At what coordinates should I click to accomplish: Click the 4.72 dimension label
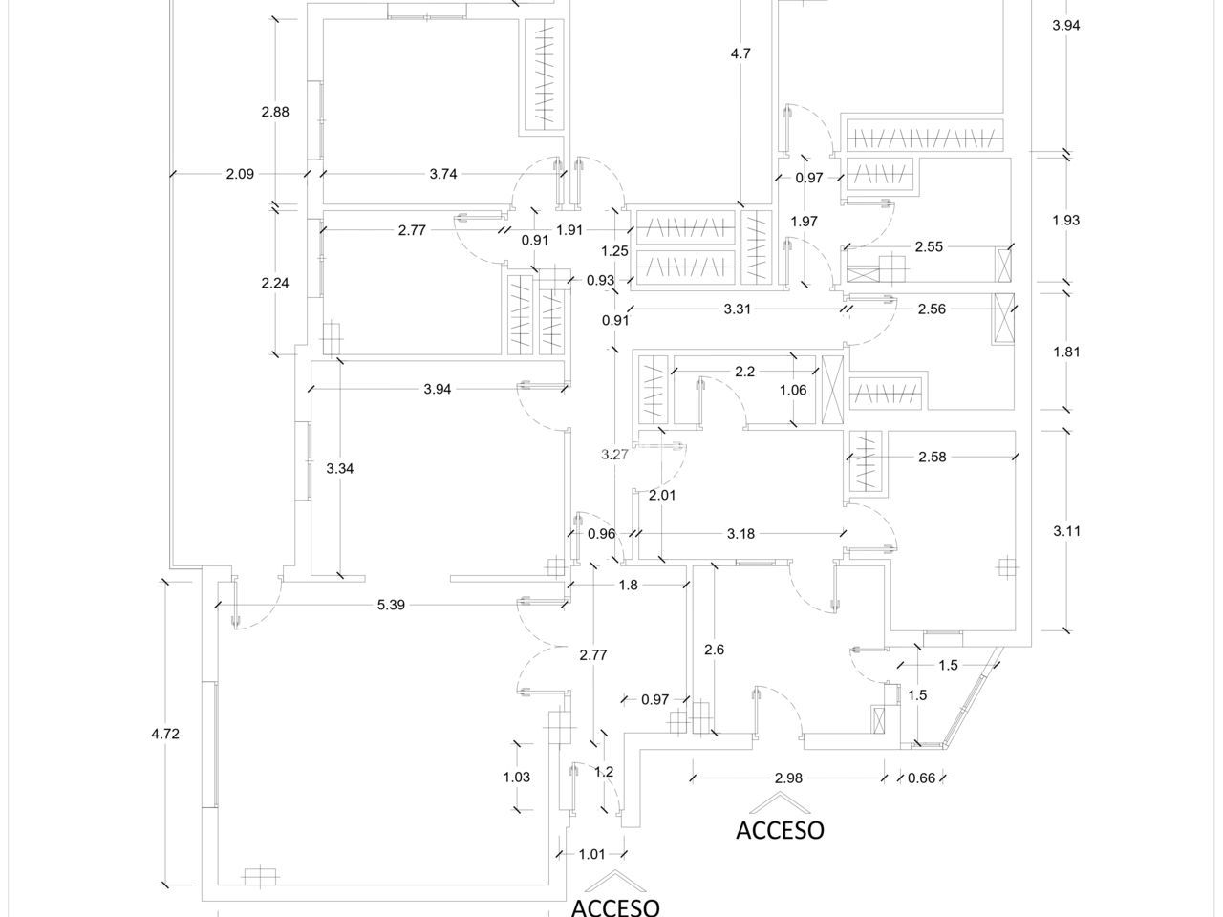click(165, 735)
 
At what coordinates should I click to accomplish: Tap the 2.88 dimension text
click(275, 112)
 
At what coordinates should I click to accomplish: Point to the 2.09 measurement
click(240, 174)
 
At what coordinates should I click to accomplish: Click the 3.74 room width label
click(443, 174)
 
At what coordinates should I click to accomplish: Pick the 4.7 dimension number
click(740, 53)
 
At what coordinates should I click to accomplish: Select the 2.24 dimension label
click(275, 283)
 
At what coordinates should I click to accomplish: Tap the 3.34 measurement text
click(340, 469)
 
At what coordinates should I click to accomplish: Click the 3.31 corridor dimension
click(738, 309)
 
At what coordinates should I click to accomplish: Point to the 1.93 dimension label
click(1065, 221)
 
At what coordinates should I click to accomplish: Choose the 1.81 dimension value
click(1065, 352)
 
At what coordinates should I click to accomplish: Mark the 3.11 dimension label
click(1065, 532)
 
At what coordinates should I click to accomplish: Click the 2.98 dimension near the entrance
click(788, 778)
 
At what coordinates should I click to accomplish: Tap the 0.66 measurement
click(921, 778)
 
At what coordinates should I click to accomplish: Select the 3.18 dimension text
click(741, 533)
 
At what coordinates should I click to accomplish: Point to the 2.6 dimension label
click(714, 650)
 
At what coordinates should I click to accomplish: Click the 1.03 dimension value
click(516, 778)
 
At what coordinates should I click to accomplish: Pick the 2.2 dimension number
click(745, 372)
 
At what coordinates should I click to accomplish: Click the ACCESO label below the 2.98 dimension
click(780, 829)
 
